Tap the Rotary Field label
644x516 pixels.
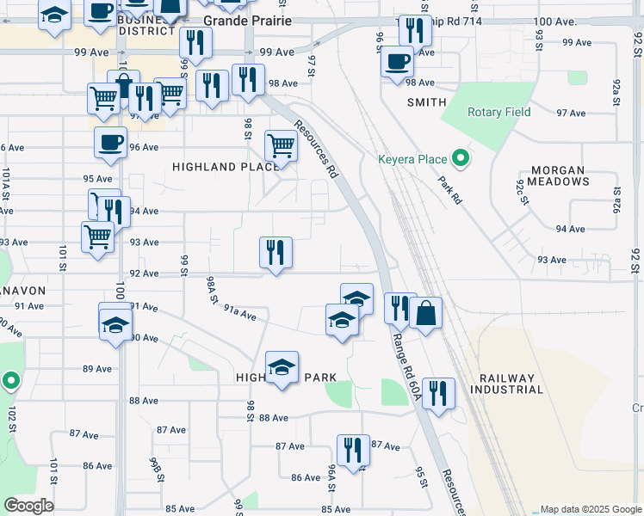(498, 113)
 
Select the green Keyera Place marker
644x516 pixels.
(461, 158)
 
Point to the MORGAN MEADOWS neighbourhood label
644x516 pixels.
(559, 176)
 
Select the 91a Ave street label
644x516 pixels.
(240, 311)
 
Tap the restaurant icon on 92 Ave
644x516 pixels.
(276, 252)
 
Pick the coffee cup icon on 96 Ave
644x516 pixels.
(110, 142)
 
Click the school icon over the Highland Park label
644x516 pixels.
(282, 366)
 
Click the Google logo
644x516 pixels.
(28, 506)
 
